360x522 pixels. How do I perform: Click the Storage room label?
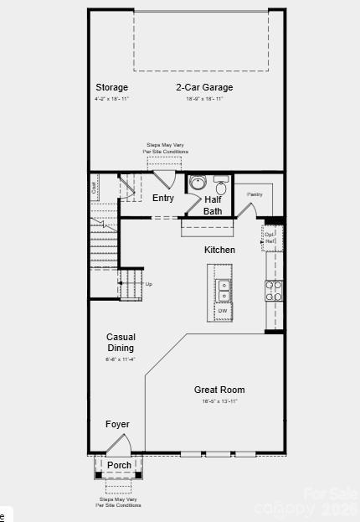(111, 87)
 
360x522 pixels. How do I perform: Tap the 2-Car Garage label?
(204, 87)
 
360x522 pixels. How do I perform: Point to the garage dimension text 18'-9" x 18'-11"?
(204, 99)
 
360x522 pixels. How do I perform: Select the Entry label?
(163, 199)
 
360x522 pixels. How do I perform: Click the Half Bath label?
(213, 205)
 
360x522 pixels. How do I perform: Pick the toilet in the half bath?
(221, 183)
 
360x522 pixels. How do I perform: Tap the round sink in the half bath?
(198, 183)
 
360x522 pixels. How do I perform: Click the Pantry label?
(255, 194)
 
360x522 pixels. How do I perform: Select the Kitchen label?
(220, 250)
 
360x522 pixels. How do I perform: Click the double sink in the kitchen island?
(224, 289)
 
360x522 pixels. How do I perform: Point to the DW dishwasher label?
(224, 311)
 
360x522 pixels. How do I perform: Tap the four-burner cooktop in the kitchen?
(274, 290)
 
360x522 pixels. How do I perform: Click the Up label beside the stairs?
(149, 284)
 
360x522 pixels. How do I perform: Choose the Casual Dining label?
(121, 343)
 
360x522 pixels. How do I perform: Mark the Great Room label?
(219, 390)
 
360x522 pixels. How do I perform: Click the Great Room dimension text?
(219, 401)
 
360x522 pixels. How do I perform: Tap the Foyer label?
(117, 425)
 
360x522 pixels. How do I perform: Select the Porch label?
(119, 465)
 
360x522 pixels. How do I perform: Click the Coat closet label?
(95, 188)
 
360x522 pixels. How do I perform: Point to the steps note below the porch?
(118, 502)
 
